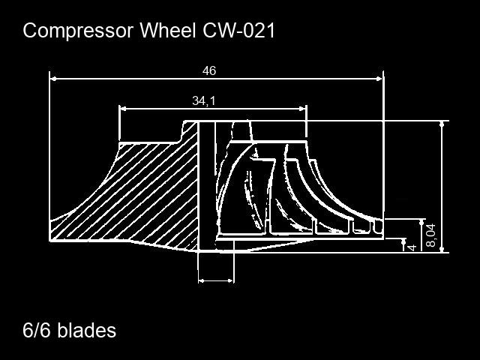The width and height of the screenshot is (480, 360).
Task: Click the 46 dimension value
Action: tap(209, 70)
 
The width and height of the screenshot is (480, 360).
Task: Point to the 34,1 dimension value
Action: tap(203, 100)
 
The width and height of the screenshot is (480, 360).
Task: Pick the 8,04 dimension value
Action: tap(430, 235)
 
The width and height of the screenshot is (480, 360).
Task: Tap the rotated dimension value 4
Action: tap(412, 246)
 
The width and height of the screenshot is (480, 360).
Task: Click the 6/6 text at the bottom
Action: tap(37, 330)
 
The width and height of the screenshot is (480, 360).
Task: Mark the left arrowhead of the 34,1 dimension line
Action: tap(124, 109)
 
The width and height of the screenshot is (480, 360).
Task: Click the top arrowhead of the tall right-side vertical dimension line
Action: tap(442, 124)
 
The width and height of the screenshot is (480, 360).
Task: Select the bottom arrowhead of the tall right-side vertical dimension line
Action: tap(442, 248)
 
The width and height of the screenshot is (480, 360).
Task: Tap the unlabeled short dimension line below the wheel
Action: tap(215, 280)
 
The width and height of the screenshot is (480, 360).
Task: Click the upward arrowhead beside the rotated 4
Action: tap(404, 244)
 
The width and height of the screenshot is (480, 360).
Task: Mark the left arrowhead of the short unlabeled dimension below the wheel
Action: tap(201, 280)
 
